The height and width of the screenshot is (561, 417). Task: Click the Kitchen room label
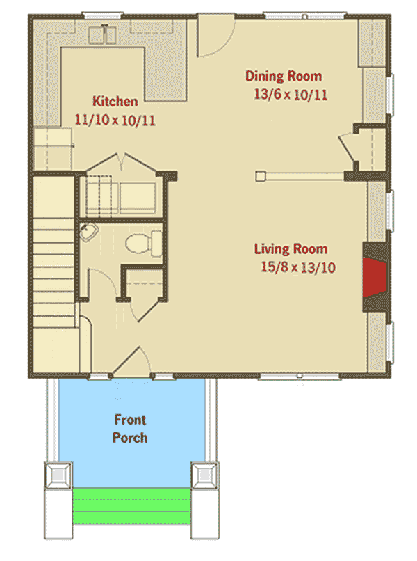115,101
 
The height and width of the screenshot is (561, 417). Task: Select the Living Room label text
291,248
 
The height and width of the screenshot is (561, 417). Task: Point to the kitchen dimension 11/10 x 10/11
115,120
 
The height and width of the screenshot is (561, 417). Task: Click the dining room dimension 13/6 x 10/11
291,95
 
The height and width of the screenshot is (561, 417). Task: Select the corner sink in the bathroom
88,232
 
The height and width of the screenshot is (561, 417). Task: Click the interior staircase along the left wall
54,251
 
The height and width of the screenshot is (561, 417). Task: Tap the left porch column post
58,475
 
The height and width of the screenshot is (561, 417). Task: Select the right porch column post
204,475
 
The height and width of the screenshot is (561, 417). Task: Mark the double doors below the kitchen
123,163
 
